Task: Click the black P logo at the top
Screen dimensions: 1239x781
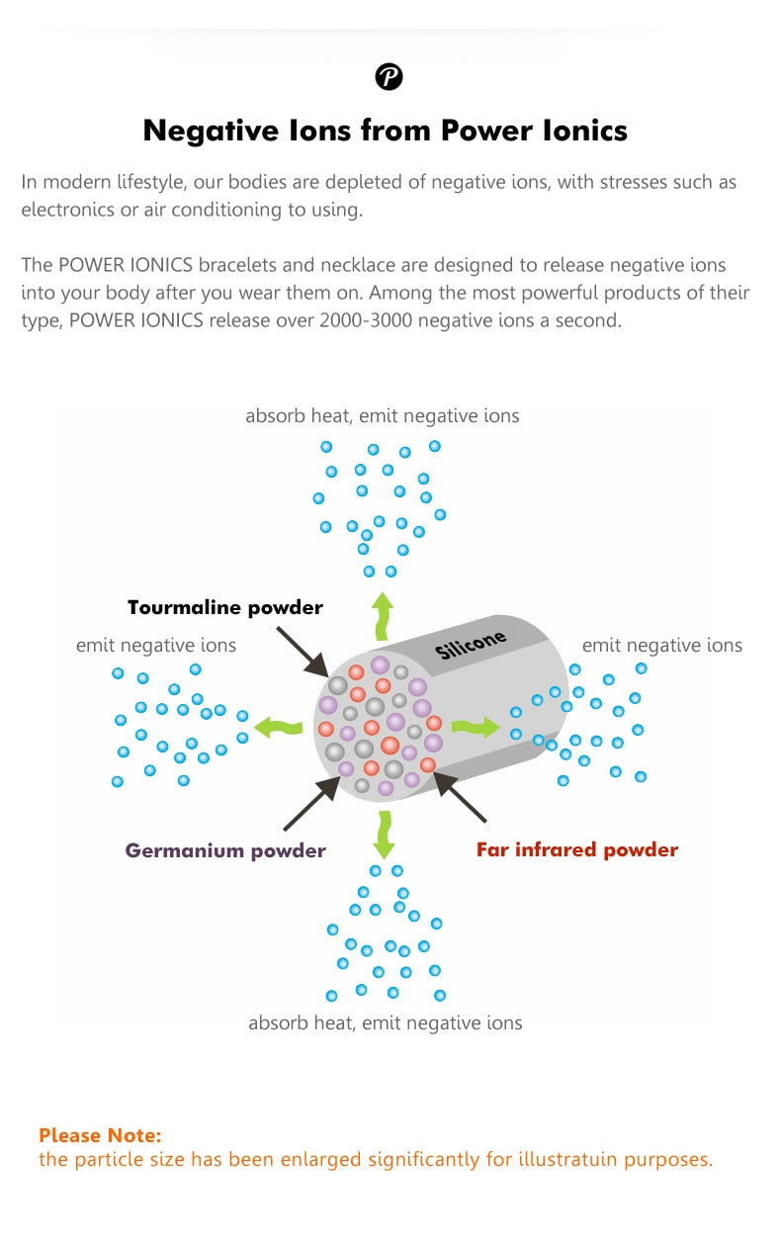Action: [390, 76]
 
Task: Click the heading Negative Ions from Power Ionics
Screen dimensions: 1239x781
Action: [386, 131]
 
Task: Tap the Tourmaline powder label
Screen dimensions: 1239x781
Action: [225, 607]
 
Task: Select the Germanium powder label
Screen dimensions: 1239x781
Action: [225, 850]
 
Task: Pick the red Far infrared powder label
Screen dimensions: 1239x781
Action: [577, 849]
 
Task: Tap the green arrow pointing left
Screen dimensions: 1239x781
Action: [278, 728]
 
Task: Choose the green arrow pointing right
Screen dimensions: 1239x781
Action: [476, 728]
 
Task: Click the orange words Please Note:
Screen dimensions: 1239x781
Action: [100, 1135]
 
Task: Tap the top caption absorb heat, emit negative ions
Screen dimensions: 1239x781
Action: [383, 416]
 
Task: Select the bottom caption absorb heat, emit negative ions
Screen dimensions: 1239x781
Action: [386, 1022]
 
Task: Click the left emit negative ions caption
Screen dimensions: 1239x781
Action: [156, 646]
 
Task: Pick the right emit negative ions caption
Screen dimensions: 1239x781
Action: [661, 646]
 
